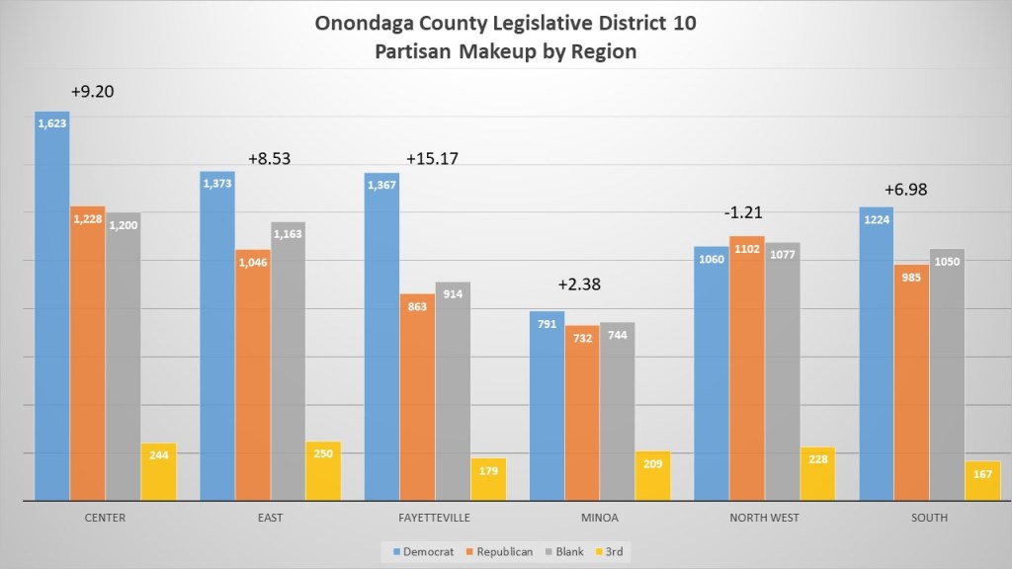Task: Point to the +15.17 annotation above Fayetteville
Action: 432,158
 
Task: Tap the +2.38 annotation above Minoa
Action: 579,284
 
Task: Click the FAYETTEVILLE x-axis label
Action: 434,518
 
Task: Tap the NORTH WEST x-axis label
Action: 764,518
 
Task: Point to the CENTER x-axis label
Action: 105,518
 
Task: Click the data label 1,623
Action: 52,123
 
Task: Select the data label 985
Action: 911,277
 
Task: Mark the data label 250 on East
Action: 323,453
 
